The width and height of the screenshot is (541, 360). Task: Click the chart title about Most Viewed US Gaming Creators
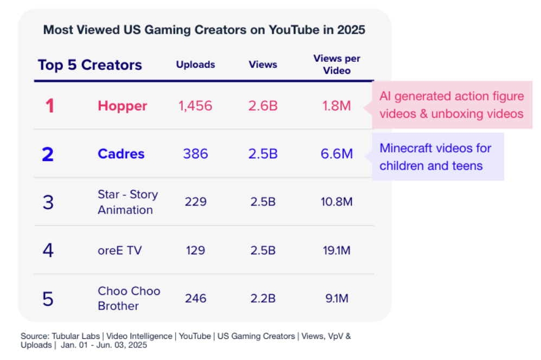(204, 30)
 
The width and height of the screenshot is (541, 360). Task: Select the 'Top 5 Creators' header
(90, 65)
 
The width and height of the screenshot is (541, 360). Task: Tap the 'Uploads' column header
(195, 65)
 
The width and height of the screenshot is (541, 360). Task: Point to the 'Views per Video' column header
(337, 65)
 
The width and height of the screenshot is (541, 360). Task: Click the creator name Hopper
(123, 106)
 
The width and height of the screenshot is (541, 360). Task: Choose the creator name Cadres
(121, 154)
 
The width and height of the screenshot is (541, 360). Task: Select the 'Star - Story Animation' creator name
(128, 202)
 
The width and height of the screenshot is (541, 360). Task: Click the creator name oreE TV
(120, 250)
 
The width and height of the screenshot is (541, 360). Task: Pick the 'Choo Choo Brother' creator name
(129, 298)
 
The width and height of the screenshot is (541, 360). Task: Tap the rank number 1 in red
(49, 106)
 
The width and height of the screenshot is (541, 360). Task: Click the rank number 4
(48, 250)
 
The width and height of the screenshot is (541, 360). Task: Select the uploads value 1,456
(195, 106)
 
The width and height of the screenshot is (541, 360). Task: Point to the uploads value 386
(195, 154)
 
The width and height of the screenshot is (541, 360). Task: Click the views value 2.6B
(263, 106)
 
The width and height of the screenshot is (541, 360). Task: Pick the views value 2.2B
(263, 298)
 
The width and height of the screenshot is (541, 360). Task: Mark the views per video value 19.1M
(337, 250)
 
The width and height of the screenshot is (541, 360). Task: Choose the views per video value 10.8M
(337, 202)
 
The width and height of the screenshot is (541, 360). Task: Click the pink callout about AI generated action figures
(452, 105)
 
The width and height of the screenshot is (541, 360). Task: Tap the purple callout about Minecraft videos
(436, 157)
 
